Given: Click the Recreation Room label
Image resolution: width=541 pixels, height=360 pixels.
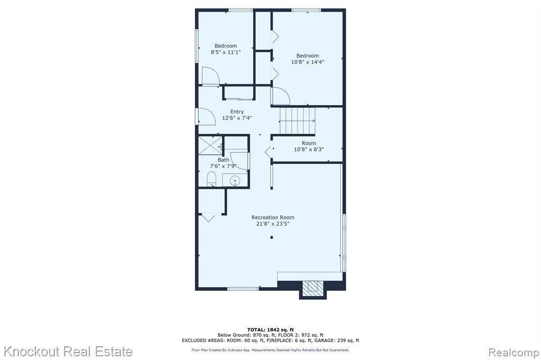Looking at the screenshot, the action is [273, 217].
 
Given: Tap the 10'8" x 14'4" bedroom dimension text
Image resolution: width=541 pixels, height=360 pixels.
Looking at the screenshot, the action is [307, 62].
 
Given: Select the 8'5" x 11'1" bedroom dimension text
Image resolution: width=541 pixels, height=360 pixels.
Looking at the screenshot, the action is [226, 52].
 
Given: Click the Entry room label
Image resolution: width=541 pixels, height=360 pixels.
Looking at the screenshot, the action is [237, 112].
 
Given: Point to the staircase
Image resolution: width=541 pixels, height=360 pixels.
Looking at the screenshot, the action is [297, 121].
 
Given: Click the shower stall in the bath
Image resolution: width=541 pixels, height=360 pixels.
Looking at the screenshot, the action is [210, 146].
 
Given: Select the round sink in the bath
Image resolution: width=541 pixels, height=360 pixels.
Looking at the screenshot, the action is [235, 181].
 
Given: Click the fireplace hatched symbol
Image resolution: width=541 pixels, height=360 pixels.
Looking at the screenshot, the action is [313, 288].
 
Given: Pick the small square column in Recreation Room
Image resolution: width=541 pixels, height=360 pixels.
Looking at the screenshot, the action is [272, 237].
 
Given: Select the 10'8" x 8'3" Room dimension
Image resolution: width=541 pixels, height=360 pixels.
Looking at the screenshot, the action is [309, 149].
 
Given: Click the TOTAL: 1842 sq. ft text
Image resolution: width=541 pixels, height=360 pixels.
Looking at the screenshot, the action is [270, 330].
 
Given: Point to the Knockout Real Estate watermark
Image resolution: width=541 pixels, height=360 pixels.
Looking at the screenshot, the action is [68, 352].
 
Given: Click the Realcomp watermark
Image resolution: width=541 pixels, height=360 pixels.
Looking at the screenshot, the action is [514, 353].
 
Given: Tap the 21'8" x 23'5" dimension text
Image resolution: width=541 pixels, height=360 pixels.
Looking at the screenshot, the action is [273, 224].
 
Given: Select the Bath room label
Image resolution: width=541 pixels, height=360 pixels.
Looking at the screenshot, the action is [223, 160].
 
